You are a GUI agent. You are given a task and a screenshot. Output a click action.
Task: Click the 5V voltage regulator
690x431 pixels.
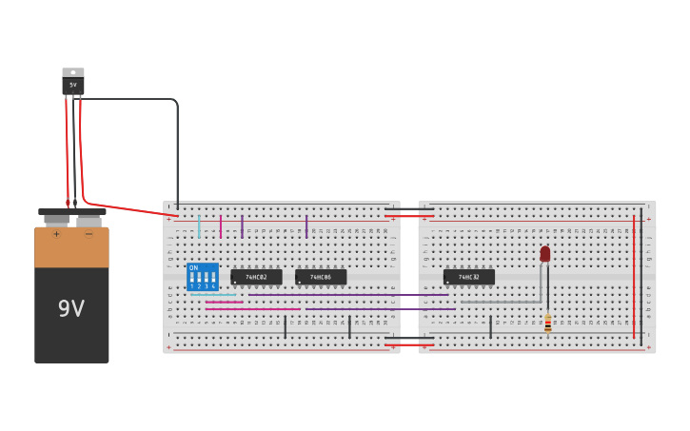pos(73,82)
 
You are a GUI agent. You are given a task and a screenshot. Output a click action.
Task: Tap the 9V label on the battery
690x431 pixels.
pos(71,308)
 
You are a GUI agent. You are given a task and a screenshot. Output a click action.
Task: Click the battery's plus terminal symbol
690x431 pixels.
pos(56,234)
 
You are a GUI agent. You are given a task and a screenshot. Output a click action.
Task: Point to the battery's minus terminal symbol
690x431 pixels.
pos(89,234)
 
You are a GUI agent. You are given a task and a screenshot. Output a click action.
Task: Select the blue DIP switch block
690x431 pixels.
pos(202,277)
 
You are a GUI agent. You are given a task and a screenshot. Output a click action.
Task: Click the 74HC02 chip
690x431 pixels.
pos(256,277)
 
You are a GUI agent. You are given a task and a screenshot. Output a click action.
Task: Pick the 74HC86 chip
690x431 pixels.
pos(321,277)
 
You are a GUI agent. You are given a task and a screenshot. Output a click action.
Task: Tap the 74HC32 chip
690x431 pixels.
pos(468,277)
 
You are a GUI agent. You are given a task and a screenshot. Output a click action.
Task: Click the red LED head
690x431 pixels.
pos(545,254)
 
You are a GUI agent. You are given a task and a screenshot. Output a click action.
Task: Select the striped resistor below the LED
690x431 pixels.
pos(548,323)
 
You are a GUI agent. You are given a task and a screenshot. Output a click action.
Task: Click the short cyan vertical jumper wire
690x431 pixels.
pos(199,226)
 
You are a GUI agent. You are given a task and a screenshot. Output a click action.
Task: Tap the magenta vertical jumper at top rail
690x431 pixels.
pos(221,226)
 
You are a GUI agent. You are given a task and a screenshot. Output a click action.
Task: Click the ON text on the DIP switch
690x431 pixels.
pos(194,267)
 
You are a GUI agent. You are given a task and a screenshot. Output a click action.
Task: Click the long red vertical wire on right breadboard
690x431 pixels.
pos(634,276)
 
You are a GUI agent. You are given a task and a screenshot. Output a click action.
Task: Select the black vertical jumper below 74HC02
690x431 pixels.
pos(285,327)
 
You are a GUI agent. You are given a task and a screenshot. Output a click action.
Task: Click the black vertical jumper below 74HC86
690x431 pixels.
pos(349,327)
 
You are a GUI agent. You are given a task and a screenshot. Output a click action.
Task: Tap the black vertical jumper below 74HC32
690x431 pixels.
pos(490,327)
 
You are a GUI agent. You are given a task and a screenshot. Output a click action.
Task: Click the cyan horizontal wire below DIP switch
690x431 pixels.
pos(213,295)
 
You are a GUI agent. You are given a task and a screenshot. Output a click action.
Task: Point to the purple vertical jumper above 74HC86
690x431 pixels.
pos(306,226)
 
